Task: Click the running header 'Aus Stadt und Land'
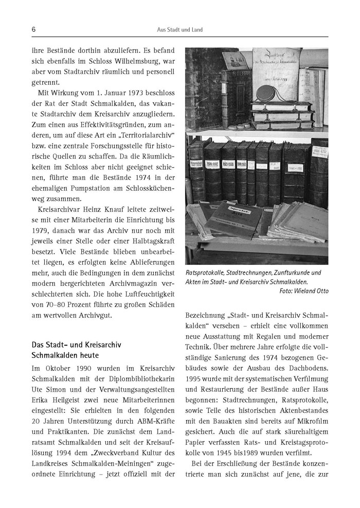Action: click(179, 30)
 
